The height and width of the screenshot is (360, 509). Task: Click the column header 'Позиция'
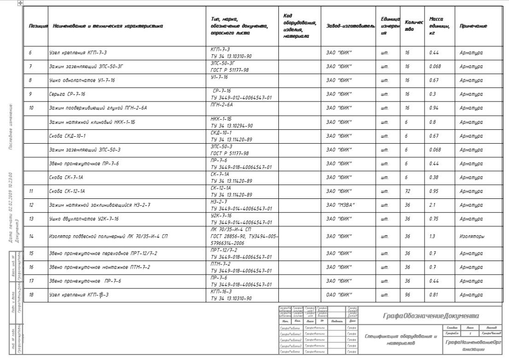[x=38, y=26]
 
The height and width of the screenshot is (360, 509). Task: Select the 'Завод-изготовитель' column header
[x=350, y=26]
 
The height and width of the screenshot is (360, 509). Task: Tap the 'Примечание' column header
[x=473, y=26]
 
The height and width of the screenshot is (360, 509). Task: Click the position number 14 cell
[x=31, y=236]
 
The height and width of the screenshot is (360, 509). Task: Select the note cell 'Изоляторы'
[x=472, y=236]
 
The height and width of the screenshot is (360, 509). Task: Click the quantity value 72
[x=407, y=191]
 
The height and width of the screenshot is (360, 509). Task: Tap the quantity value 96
[x=407, y=295]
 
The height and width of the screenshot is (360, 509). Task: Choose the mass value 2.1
[x=432, y=205]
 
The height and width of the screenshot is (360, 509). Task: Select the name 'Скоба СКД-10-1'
[x=68, y=135]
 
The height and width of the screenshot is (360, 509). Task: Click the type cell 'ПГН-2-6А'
[x=222, y=104]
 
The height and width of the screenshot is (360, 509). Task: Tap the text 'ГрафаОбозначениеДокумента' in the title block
[x=431, y=316]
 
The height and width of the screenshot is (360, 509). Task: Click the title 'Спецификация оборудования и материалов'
[x=400, y=340]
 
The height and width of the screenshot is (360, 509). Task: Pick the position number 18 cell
[x=31, y=295]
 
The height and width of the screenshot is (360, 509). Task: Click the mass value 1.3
[x=432, y=236]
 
